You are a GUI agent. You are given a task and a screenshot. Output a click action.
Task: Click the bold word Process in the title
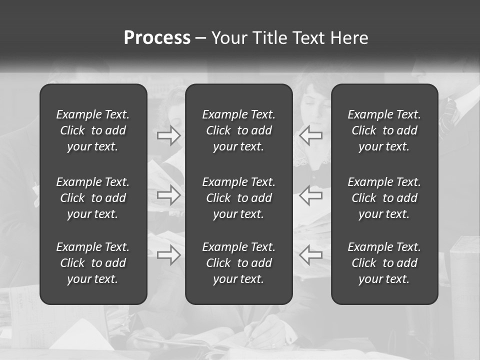[157, 38]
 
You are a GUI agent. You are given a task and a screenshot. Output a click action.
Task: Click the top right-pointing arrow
[169, 135]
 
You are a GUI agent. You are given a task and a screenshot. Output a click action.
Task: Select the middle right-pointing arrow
[169, 195]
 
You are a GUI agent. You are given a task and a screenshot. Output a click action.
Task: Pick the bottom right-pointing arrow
[169, 255]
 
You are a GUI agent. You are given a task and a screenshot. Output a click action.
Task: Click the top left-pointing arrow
[311, 135]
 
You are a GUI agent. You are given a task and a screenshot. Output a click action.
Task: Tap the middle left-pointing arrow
[311, 195]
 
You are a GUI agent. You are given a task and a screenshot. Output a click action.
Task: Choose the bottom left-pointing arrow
[311, 255]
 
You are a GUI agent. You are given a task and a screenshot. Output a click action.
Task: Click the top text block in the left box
[93, 130]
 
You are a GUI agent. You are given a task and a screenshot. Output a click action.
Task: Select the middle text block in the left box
[93, 198]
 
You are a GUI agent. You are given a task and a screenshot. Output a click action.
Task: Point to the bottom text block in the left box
[93, 263]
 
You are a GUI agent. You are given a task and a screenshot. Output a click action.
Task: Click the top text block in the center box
[239, 130]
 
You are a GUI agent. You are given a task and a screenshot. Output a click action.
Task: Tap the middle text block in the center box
[239, 198]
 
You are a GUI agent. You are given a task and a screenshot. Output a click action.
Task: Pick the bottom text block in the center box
[239, 263]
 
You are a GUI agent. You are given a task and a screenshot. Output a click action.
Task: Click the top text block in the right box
[384, 130]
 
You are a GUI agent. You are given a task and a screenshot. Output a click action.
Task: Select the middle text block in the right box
[384, 198]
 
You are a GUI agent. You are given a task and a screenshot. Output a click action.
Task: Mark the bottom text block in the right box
[384, 263]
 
